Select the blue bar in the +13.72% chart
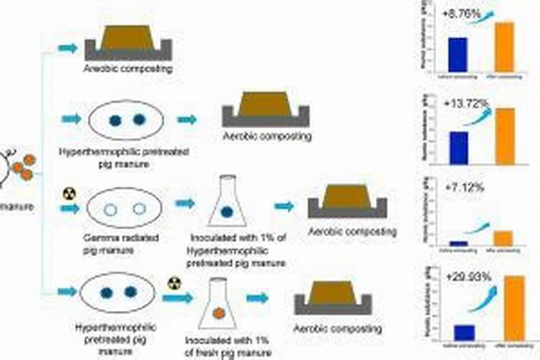point(458,147)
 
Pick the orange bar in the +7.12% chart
point(503,238)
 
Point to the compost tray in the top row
point(126,42)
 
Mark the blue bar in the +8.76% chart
point(458,52)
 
